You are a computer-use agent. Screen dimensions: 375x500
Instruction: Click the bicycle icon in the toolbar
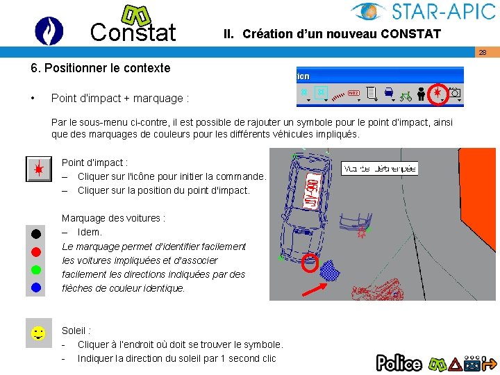click(x=406, y=92)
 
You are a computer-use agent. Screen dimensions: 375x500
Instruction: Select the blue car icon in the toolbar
click(x=389, y=92)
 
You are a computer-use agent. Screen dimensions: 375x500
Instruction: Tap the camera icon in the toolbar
click(x=456, y=92)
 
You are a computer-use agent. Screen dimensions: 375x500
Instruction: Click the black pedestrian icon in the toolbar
click(x=422, y=92)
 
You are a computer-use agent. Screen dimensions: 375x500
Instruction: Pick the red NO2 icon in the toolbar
click(x=353, y=92)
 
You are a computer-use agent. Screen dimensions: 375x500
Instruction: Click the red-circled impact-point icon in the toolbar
click(x=437, y=92)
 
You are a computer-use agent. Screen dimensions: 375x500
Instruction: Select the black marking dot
click(x=36, y=233)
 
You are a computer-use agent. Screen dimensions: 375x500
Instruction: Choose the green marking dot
click(x=36, y=269)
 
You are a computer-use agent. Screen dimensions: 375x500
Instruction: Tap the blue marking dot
click(x=36, y=286)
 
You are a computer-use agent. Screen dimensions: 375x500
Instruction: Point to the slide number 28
click(x=482, y=53)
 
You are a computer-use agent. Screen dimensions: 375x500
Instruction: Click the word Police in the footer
click(x=399, y=362)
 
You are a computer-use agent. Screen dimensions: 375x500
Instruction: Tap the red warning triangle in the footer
click(x=455, y=362)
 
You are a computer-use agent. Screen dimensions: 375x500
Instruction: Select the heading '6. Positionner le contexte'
click(x=100, y=68)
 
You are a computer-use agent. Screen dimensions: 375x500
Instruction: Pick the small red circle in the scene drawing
click(x=310, y=264)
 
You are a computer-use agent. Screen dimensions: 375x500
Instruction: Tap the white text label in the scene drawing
click(x=380, y=168)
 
